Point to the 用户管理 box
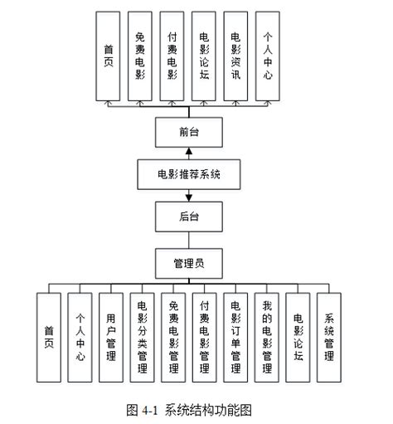[111, 337]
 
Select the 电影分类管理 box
[143, 337]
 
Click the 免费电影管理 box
[174, 337]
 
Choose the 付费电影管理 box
[205, 337]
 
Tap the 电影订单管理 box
[236, 337]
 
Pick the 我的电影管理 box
[267, 337]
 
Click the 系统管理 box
[330, 337]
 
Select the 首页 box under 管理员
[49, 337]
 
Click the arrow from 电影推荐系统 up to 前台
[189, 154]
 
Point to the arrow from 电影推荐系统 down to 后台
[189, 196]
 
